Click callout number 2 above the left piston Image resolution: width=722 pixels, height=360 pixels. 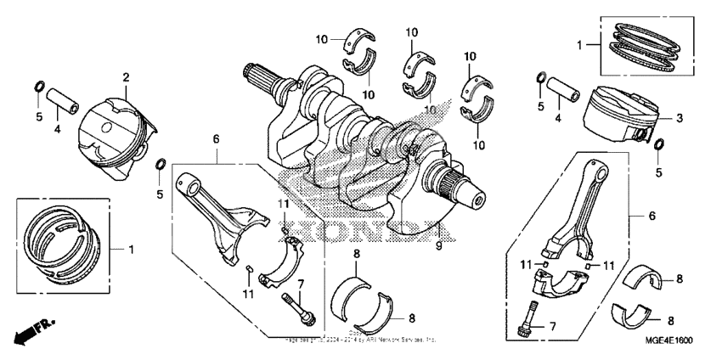point(126,78)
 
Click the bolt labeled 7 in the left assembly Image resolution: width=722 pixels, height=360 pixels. point(299,307)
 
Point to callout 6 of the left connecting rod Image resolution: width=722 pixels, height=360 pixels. point(217,138)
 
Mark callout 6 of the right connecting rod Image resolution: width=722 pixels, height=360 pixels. point(652,217)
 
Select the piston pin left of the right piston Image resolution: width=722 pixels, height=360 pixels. point(561,90)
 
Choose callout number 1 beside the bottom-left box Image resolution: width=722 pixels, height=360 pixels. point(132,249)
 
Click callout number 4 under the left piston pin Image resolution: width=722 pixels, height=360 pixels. point(58,130)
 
